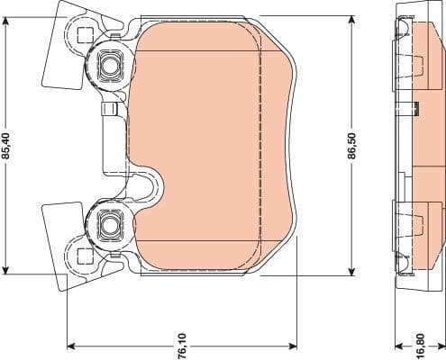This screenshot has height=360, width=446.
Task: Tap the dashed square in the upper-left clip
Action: (x=85, y=37)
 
